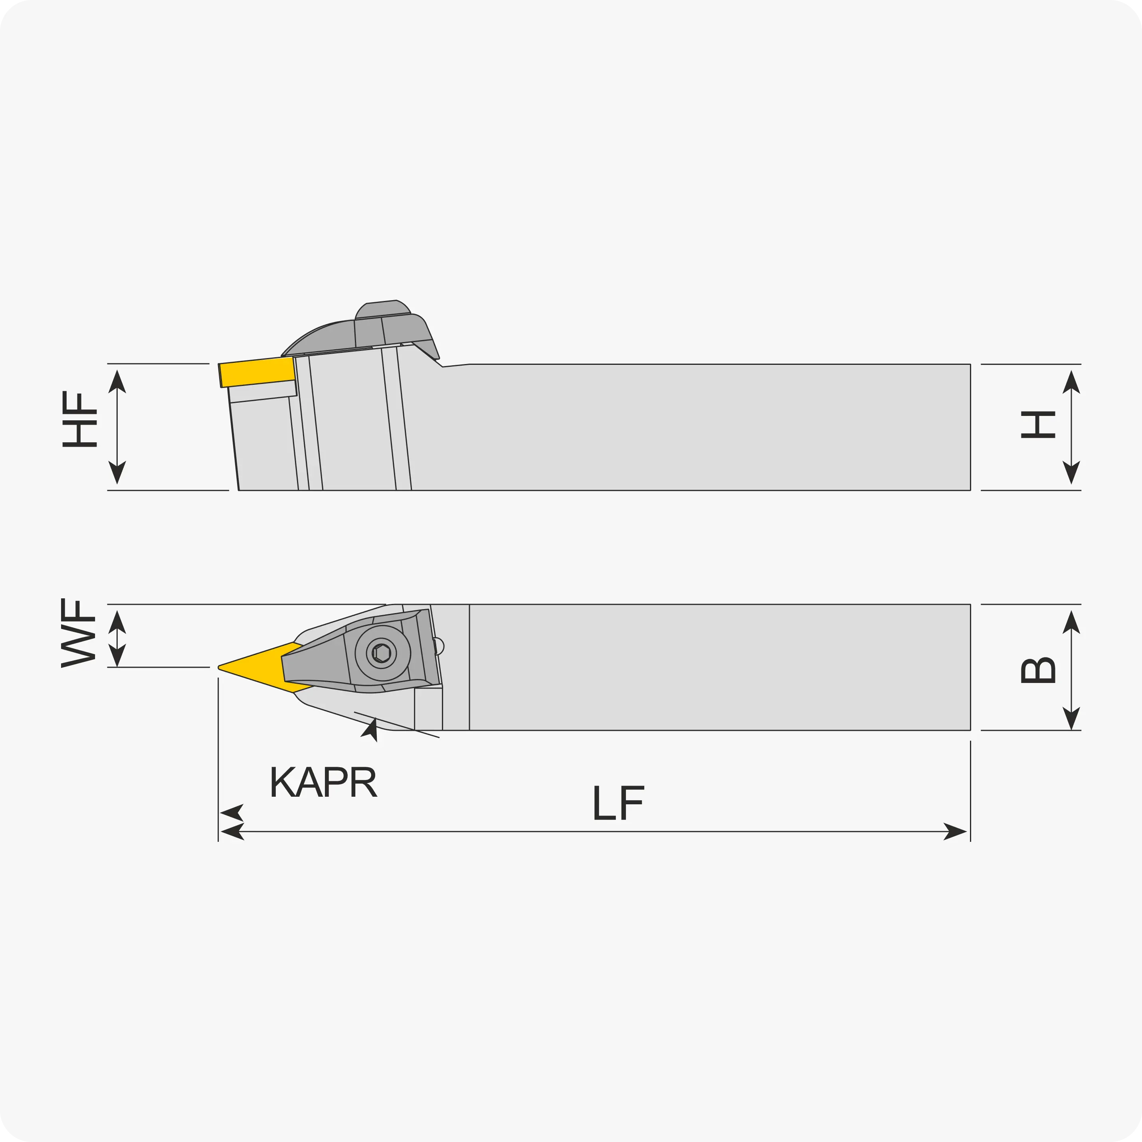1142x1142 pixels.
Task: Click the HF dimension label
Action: (x=79, y=419)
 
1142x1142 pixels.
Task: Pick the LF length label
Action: (x=618, y=803)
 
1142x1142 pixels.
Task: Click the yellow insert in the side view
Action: (x=257, y=372)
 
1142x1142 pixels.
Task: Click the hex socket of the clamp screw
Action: (x=382, y=653)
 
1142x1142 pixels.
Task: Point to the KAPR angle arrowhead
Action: (x=370, y=730)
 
